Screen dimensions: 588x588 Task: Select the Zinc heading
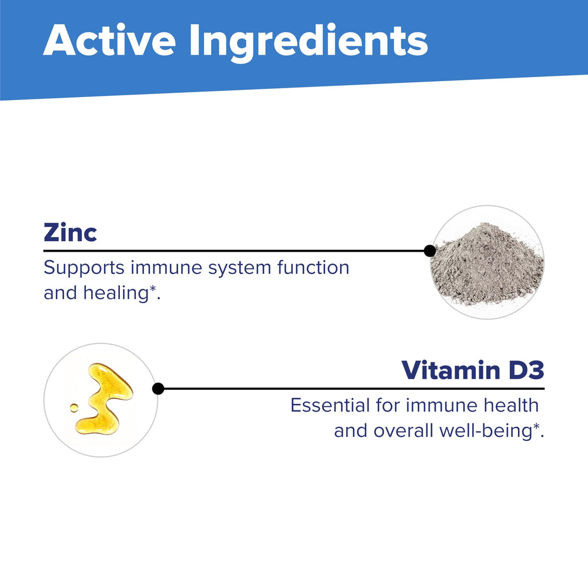pos(70,233)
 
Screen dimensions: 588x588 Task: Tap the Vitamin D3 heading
pos(473,371)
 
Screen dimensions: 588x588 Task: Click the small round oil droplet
pos(73,407)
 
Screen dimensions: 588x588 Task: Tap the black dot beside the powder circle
pos(430,251)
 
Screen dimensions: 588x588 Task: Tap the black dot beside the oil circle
pos(158,389)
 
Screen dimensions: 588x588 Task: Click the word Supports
pos(83,268)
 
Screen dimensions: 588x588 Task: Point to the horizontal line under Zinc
pos(235,251)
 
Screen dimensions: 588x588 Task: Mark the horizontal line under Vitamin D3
pos(353,389)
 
